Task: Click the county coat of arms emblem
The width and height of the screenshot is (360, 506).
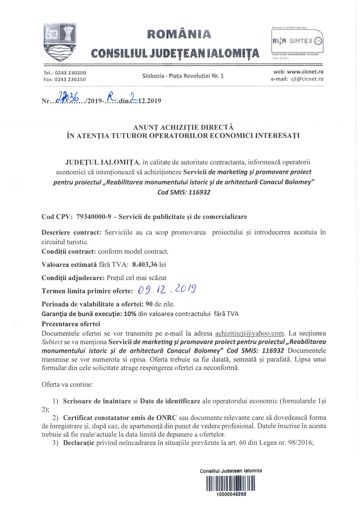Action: pos(60,42)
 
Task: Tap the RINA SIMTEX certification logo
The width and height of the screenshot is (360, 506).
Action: pos(297,41)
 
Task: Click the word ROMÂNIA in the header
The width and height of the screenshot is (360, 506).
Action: pos(179,34)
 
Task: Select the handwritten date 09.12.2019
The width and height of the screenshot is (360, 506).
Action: pos(167,289)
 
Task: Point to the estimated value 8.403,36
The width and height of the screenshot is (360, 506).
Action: pos(145,265)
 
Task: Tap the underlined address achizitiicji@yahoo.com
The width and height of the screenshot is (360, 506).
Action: pos(250,333)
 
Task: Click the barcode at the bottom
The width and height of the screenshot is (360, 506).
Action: pos(231,483)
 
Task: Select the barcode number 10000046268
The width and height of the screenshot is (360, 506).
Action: pos(231,494)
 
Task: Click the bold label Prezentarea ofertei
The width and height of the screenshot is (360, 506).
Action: pos(71,324)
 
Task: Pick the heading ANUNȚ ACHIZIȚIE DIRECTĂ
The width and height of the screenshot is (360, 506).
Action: pos(183,127)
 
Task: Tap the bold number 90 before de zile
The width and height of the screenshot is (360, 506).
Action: pos(149,304)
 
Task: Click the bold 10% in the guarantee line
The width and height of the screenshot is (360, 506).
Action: pos(130,314)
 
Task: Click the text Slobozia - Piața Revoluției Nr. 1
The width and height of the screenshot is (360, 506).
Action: pos(183,76)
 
